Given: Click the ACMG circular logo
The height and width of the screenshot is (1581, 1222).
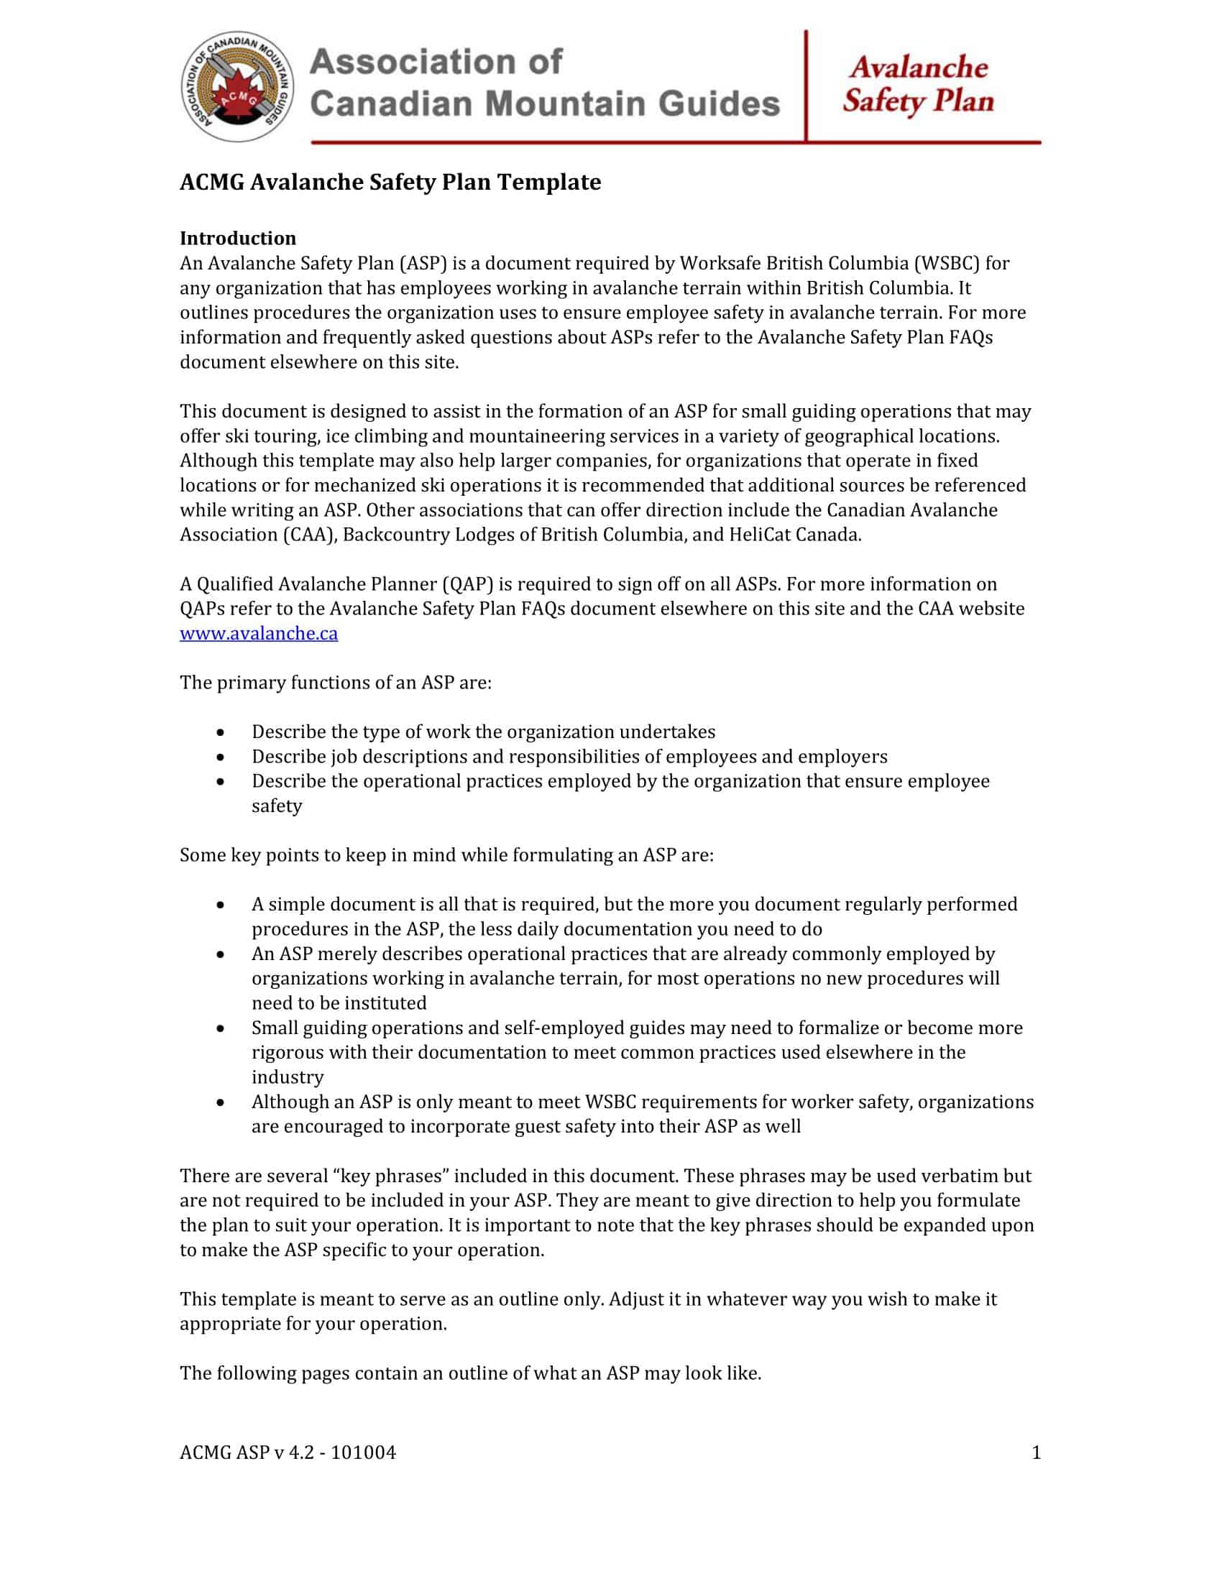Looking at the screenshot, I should (x=237, y=87).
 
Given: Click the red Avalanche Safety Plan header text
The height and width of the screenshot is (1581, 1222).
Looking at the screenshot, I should (x=918, y=84).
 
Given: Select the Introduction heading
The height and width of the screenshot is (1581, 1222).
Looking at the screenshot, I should (x=237, y=238).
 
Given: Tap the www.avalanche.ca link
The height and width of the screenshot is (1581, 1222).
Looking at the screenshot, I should (x=259, y=633).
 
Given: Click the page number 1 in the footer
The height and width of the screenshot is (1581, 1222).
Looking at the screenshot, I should (x=1036, y=1452).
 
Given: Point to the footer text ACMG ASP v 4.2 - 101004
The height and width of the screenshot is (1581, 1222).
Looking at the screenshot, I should (x=288, y=1452).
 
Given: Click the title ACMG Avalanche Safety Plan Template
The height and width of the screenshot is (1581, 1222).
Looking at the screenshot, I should (x=390, y=182).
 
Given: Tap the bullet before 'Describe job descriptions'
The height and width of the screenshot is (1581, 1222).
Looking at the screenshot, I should (x=220, y=757).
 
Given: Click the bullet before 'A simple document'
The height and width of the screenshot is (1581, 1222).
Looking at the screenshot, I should (x=220, y=905).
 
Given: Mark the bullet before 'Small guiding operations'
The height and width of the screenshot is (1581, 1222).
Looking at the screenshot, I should (x=220, y=1028).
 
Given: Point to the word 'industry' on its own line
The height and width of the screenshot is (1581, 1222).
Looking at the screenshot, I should (x=288, y=1077).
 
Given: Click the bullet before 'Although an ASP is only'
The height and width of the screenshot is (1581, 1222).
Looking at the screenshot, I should (x=220, y=1102).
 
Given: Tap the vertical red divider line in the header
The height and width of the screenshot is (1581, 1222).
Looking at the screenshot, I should (x=806, y=86).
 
